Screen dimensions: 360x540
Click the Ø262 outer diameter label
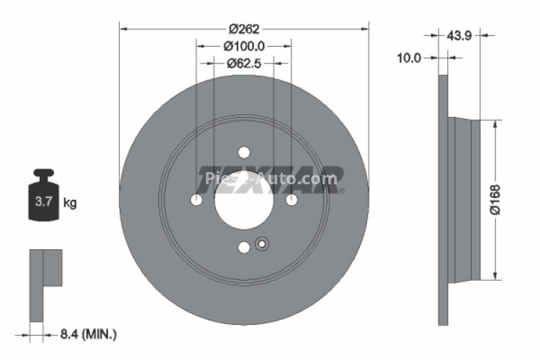coord(243,30)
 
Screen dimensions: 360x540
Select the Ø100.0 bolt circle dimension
coord(243,46)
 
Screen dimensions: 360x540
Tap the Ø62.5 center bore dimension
coord(243,63)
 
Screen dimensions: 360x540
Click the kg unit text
coord(71,203)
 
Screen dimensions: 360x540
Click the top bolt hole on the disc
coord(243,152)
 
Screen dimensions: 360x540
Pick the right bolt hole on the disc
coord(291,199)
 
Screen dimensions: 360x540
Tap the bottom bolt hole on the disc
coord(243,247)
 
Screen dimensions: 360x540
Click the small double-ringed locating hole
coord(261,243)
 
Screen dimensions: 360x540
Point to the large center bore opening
coord(243,199)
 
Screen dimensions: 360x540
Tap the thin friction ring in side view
coord(443,199)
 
